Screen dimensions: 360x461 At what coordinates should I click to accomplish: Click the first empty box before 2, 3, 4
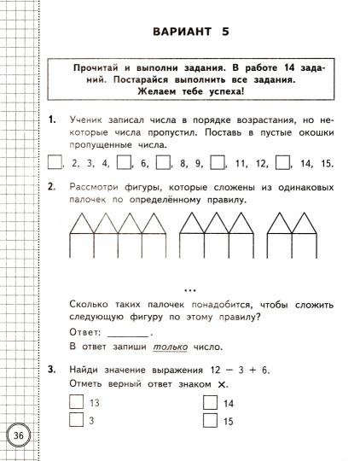(55, 161)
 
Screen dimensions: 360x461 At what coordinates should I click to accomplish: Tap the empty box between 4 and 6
(123, 161)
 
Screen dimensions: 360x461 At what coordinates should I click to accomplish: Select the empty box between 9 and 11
(218, 161)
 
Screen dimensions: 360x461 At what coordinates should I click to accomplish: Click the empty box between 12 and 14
(283, 161)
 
